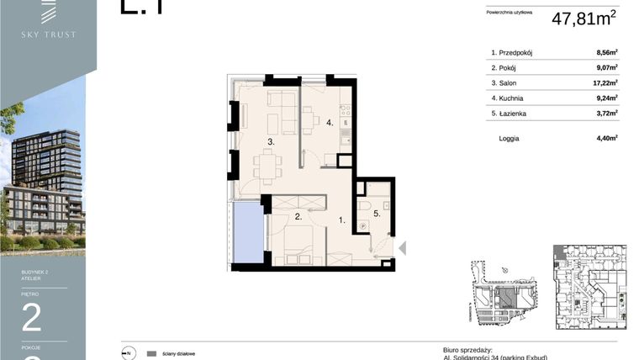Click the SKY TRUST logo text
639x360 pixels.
(48, 34)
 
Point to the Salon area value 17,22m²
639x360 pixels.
(605, 82)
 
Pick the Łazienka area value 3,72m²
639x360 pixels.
(606, 113)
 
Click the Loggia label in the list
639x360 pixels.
(509, 138)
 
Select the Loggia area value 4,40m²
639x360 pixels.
(606, 138)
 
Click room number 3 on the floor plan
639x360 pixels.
(271, 143)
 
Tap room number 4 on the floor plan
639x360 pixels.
(330, 123)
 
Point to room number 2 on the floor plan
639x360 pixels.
(298, 217)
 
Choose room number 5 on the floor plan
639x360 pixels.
(377, 214)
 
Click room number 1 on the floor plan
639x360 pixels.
(341, 220)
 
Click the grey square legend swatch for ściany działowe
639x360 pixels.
(151, 353)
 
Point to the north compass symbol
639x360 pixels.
(128, 353)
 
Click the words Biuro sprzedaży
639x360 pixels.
(467, 349)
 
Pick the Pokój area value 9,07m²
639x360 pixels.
(606, 67)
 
